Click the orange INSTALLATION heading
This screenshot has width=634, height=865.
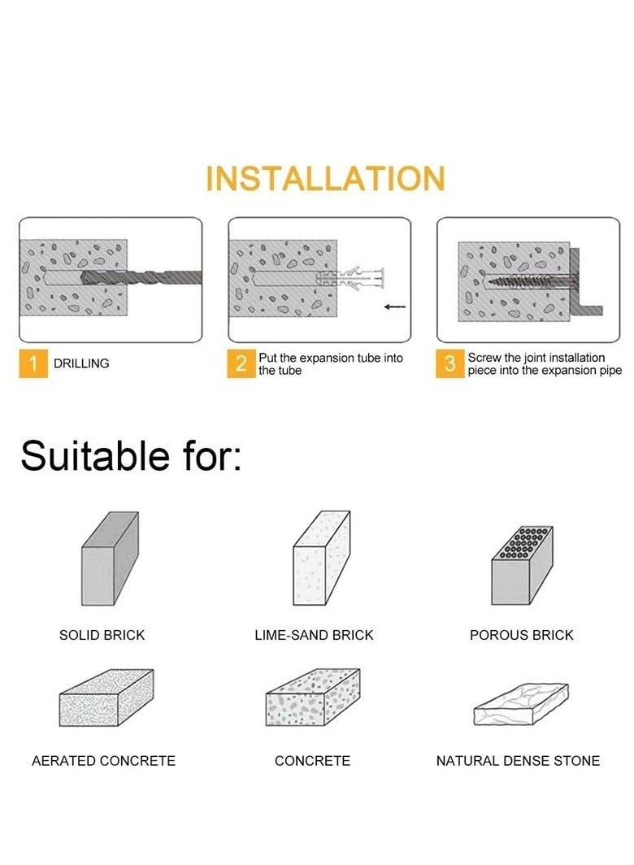(x=325, y=178)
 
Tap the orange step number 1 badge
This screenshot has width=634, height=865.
(x=33, y=363)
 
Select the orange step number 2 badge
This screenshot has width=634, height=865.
(x=241, y=363)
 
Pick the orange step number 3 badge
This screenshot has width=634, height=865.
(x=449, y=363)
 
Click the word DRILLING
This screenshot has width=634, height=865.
(x=81, y=363)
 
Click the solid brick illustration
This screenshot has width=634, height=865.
(x=110, y=558)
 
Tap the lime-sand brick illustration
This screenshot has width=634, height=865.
(x=321, y=558)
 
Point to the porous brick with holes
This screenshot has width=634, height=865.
(x=522, y=565)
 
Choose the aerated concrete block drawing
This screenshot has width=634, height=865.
(x=106, y=698)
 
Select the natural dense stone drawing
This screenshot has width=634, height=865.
(x=521, y=705)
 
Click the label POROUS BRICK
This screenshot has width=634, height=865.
(x=522, y=635)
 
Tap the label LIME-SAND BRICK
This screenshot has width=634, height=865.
(x=314, y=635)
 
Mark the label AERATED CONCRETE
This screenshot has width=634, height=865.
(x=104, y=761)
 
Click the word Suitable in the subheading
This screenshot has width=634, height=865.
(x=94, y=455)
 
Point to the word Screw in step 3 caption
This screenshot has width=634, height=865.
(x=484, y=358)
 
